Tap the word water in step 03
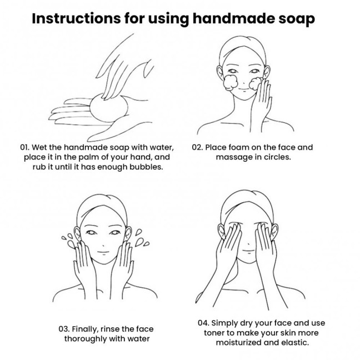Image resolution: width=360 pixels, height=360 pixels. tap(139, 338)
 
